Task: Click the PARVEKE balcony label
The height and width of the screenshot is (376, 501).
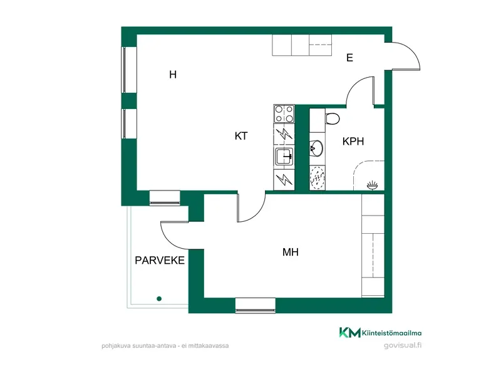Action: click(x=160, y=260)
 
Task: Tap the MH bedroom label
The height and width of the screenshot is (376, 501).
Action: click(x=291, y=252)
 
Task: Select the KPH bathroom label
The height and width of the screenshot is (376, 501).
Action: click(x=353, y=142)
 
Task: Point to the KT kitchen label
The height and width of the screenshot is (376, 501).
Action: click(x=241, y=136)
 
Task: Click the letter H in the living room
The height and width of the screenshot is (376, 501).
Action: click(x=173, y=75)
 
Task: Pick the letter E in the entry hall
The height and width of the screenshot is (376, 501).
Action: click(x=349, y=58)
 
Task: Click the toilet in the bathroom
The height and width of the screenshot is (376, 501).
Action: click(x=333, y=118)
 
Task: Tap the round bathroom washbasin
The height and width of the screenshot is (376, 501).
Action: click(x=316, y=149)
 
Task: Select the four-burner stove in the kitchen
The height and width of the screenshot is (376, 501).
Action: click(x=284, y=114)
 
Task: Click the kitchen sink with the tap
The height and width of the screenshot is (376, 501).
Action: click(x=284, y=156)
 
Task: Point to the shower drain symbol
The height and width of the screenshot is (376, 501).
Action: click(x=372, y=185)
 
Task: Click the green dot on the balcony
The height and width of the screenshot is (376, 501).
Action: click(x=159, y=299)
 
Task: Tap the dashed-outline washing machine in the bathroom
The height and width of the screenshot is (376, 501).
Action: click(x=318, y=179)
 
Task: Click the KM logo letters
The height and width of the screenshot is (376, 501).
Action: click(x=349, y=333)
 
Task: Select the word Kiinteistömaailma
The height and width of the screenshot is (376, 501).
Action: click(x=392, y=333)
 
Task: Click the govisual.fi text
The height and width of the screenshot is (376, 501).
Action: click(x=403, y=345)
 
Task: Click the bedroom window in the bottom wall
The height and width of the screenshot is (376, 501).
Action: click(x=256, y=305)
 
